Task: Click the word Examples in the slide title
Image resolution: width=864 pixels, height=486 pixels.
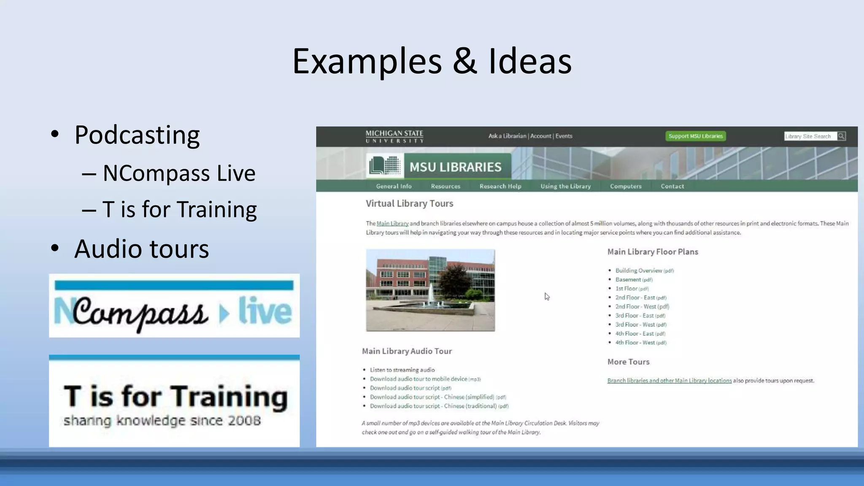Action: pos(367,62)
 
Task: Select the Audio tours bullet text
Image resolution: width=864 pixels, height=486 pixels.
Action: pos(141,249)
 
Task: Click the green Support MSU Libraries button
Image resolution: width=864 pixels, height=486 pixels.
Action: pos(695,136)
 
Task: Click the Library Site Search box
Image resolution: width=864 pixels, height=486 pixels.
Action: pos(809,136)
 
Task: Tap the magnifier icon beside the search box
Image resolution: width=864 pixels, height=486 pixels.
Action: pos(841,136)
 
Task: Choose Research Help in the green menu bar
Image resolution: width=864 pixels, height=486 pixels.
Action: pos(500,186)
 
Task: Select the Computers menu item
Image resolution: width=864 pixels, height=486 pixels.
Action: pos(625,186)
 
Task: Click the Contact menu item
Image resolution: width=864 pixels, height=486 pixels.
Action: pos(672,186)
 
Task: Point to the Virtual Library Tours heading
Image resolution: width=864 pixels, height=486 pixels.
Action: pos(409,203)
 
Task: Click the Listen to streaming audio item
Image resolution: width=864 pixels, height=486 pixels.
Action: pos(402,370)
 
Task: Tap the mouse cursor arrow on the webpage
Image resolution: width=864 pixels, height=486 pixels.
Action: pos(547,297)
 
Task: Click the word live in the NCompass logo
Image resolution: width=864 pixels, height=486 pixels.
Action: pos(265,311)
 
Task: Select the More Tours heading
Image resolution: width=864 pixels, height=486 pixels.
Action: pos(628,362)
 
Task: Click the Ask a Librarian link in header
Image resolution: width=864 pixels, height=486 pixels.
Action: pos(507,136)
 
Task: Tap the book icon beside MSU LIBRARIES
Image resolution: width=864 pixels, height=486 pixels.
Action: pos(384,166)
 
